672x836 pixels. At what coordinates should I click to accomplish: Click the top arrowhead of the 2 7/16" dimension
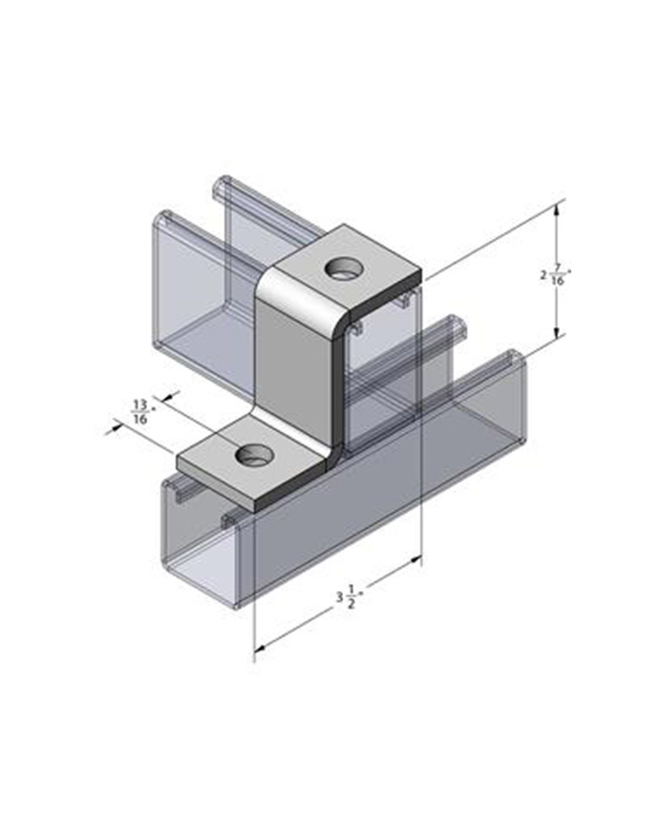(x=557, y=209)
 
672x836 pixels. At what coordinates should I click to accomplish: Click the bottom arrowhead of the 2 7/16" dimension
(x=557, y=331)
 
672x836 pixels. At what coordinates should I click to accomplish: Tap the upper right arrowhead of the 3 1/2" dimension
(x=415, y=561)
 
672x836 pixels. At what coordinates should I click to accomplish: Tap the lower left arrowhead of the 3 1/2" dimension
(x=261, y=648)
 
